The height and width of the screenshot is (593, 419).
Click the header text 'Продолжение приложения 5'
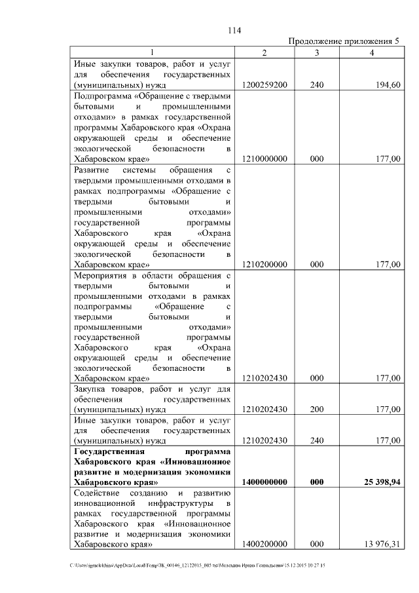(x=344, y=42)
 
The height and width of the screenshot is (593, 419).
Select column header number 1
(x=152, y=53)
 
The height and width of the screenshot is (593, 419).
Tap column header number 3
(x=316, y=53)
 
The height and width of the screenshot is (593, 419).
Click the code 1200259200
(x=264, y=85)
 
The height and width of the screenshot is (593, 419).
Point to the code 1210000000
(x=264, y=159)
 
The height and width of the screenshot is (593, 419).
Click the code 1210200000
(x=264, y=265)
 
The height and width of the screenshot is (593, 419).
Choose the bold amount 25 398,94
(x=378, y=482)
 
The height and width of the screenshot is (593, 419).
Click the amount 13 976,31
(x=379, y=544)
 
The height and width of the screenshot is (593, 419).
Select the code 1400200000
(x=264, y=544)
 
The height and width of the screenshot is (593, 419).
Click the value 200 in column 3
(x=316, y=410)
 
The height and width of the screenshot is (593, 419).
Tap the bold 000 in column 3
(x=316, y=482)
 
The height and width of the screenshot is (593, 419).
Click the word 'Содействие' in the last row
(x=97, y=492)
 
